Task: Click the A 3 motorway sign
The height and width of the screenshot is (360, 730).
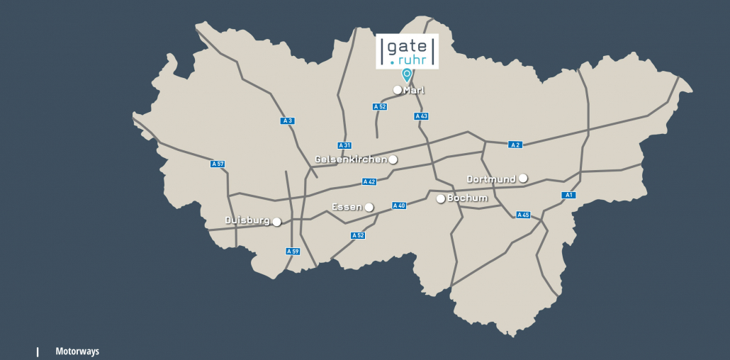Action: click(287, 120)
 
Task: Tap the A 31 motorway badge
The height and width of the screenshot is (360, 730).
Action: click(344, 145)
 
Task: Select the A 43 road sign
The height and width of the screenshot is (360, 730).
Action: click(421, 116)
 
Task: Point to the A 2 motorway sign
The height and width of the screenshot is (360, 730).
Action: click(515, 145)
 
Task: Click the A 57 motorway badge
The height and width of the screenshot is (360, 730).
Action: click(218, 164)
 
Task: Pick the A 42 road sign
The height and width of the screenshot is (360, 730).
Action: click(369, 181)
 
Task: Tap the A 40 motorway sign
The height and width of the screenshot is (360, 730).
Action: click(399, 206)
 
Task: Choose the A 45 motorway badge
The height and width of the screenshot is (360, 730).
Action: click(523, 215)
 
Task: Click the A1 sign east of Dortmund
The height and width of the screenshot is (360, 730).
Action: click(568, 195)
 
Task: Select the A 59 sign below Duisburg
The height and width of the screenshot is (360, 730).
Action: click(293, 251)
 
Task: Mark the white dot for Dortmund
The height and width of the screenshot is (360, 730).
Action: click(523, 178)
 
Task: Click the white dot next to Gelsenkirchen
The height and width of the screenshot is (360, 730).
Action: click(393, 159)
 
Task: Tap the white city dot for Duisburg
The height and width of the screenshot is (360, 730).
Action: click(276, 222)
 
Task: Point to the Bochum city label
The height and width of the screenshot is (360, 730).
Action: click(468, 198)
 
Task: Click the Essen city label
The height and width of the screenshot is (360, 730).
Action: click(347, 207)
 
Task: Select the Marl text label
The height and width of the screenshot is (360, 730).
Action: click(414, 90)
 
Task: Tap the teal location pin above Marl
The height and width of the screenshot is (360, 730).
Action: click(407, 74)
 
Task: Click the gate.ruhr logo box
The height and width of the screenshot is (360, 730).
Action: click(407, 50)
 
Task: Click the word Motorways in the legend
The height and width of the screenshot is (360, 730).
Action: click(77, 351)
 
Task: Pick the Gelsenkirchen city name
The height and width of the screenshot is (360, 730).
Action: click(351, 159)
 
